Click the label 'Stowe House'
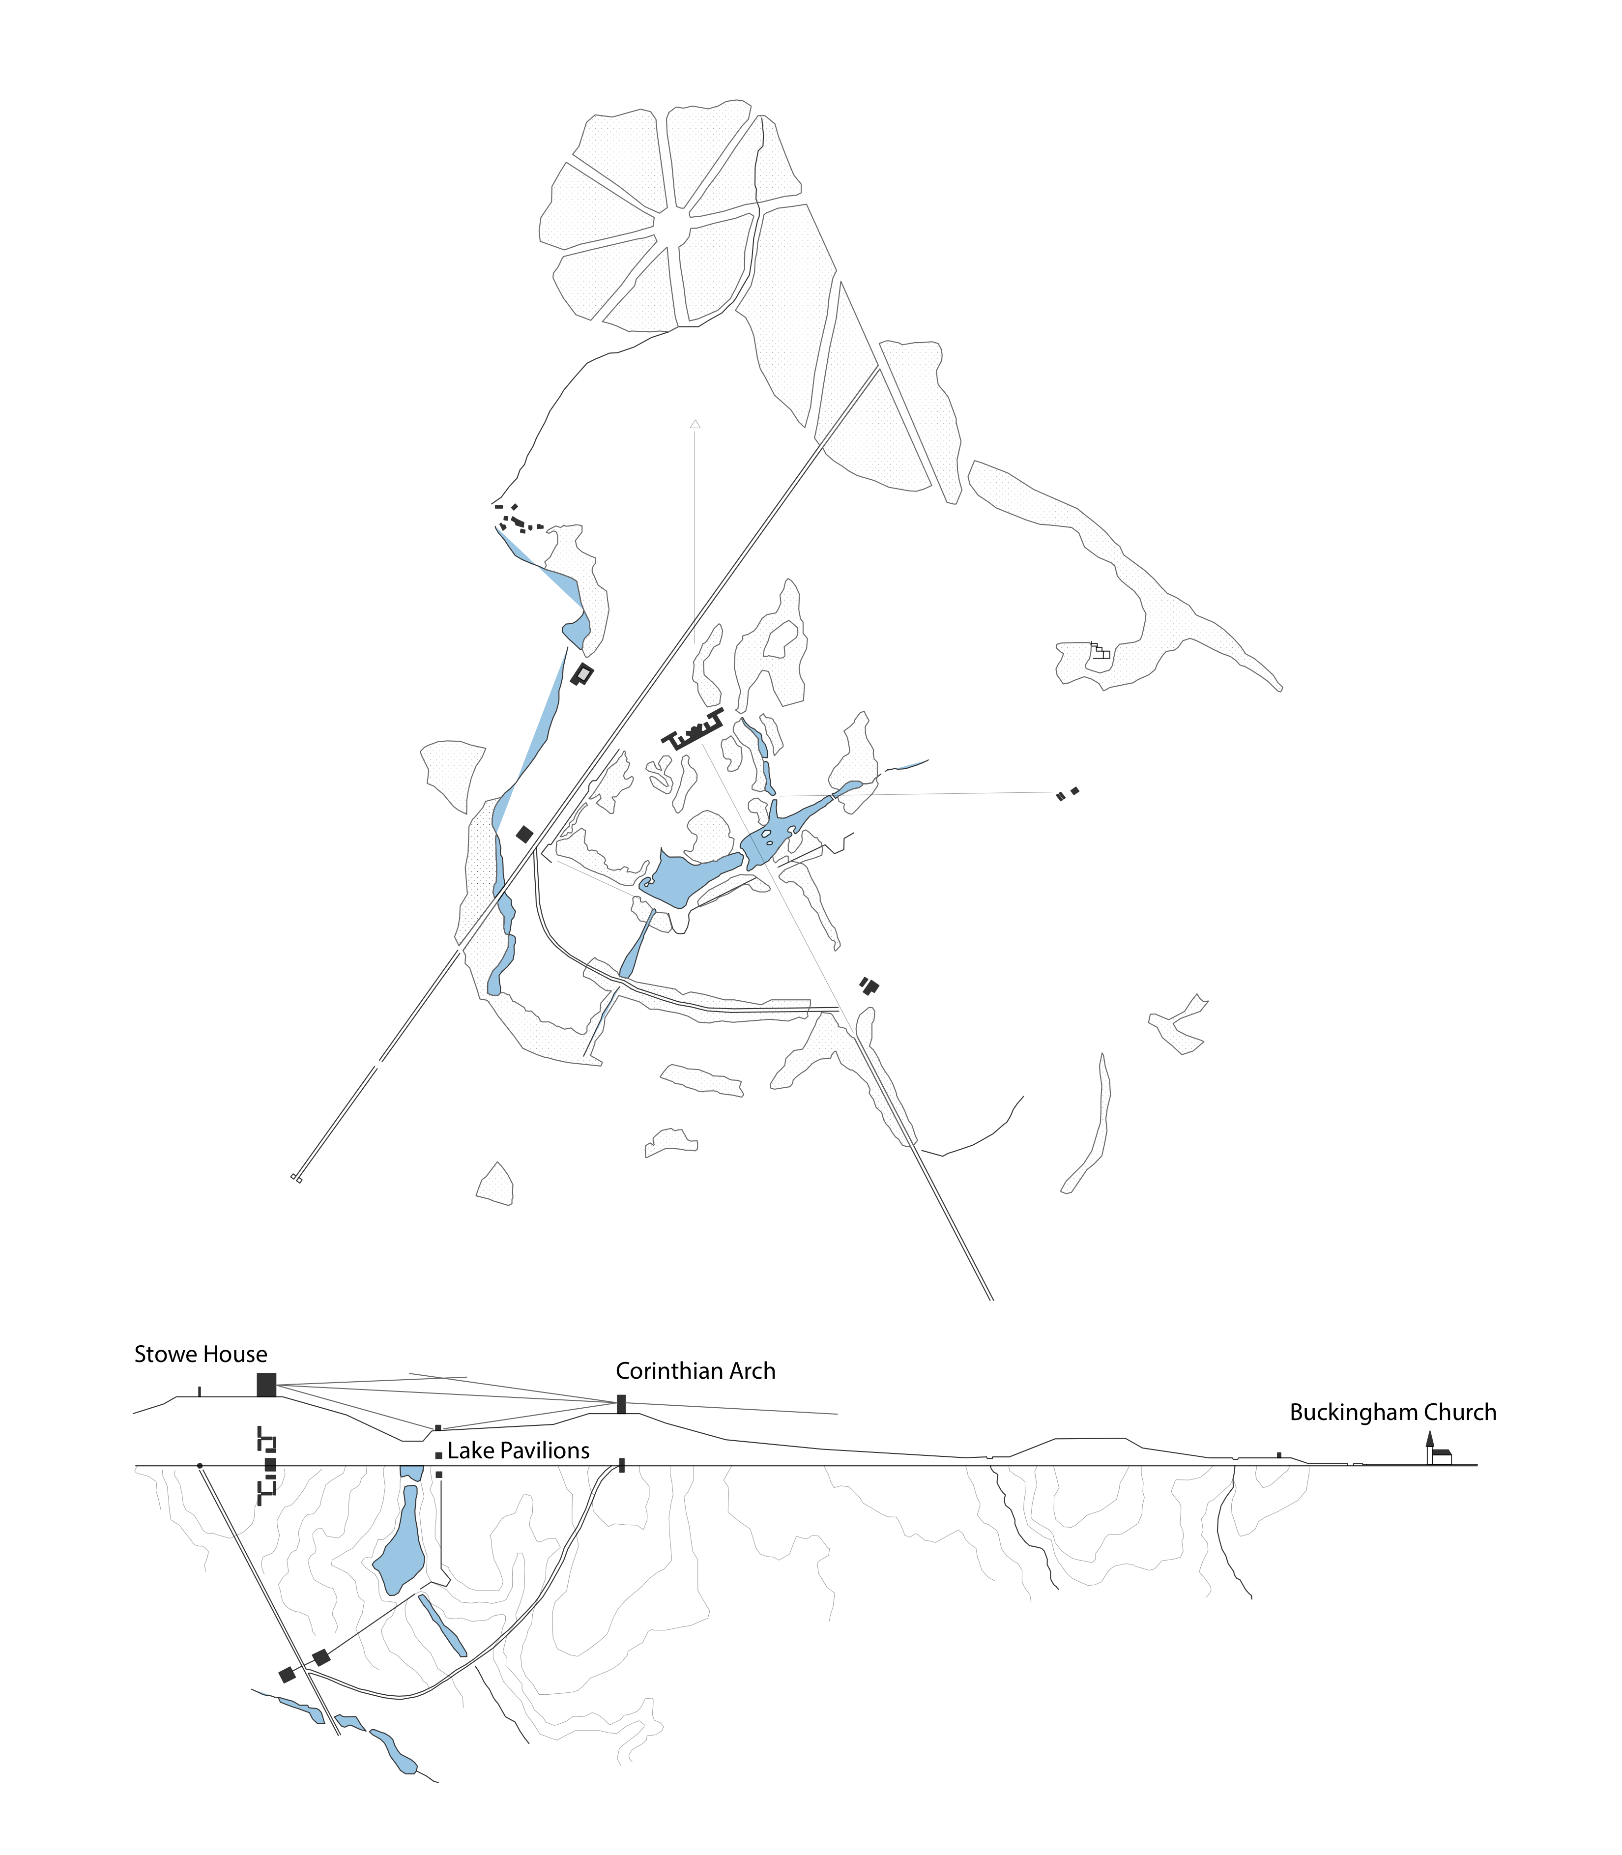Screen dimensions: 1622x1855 coord(201,1354)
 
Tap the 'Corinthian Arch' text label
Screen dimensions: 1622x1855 coord(695,1371)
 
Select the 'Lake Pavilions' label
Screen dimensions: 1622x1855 coord(519,1450)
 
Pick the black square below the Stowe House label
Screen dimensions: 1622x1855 coord(266,1385)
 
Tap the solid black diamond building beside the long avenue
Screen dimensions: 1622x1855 coord(524,834)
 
